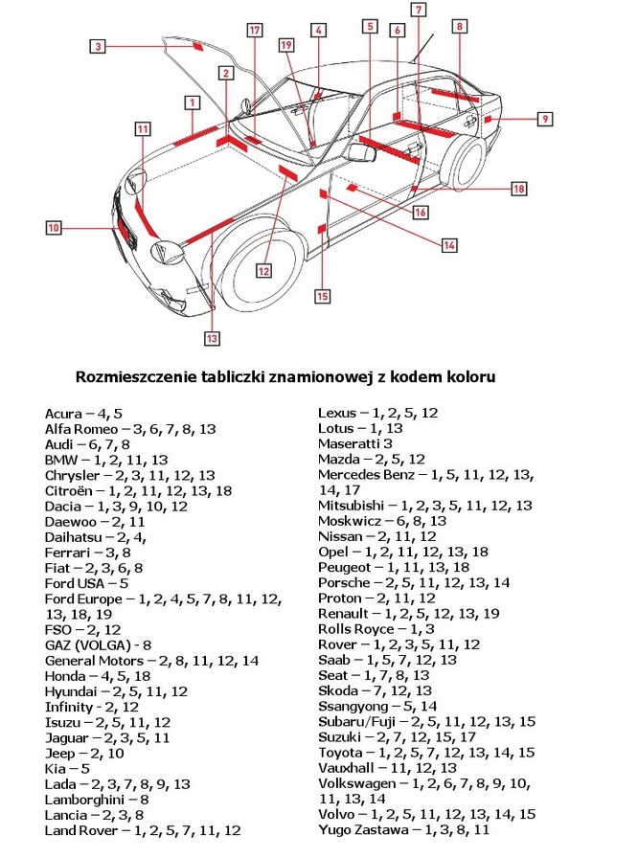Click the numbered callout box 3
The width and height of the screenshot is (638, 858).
coord(100,44)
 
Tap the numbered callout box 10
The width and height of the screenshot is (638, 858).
coord(54,228)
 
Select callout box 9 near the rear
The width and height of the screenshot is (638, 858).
coord(544,119)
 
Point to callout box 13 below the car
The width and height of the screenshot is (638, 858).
coord(212,337)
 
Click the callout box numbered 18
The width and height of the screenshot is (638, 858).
coord(518,189)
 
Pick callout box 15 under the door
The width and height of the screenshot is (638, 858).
coord(322,296)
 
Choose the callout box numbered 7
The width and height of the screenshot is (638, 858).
coord(419,10)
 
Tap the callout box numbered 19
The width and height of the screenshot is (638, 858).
coord(286,44)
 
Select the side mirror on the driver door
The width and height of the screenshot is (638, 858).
coord(361,152)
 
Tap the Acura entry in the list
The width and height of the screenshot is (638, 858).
coord(83,414)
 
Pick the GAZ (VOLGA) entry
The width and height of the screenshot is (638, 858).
coord(99,644)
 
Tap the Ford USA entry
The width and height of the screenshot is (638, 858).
coord(87,583)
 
